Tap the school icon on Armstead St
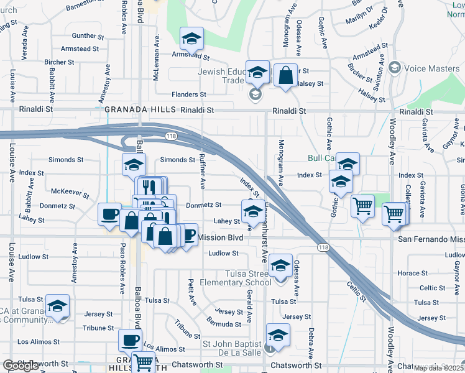point(191,39)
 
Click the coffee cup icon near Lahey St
point(109,214)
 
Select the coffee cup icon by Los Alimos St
point(131,340)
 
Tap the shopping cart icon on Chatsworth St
point(144,361)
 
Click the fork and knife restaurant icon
point(148,187)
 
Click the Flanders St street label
point(189,94)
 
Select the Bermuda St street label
point(225,324)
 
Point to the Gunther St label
point(87,36)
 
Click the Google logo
point(21,366)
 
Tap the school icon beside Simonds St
point(134,165)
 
